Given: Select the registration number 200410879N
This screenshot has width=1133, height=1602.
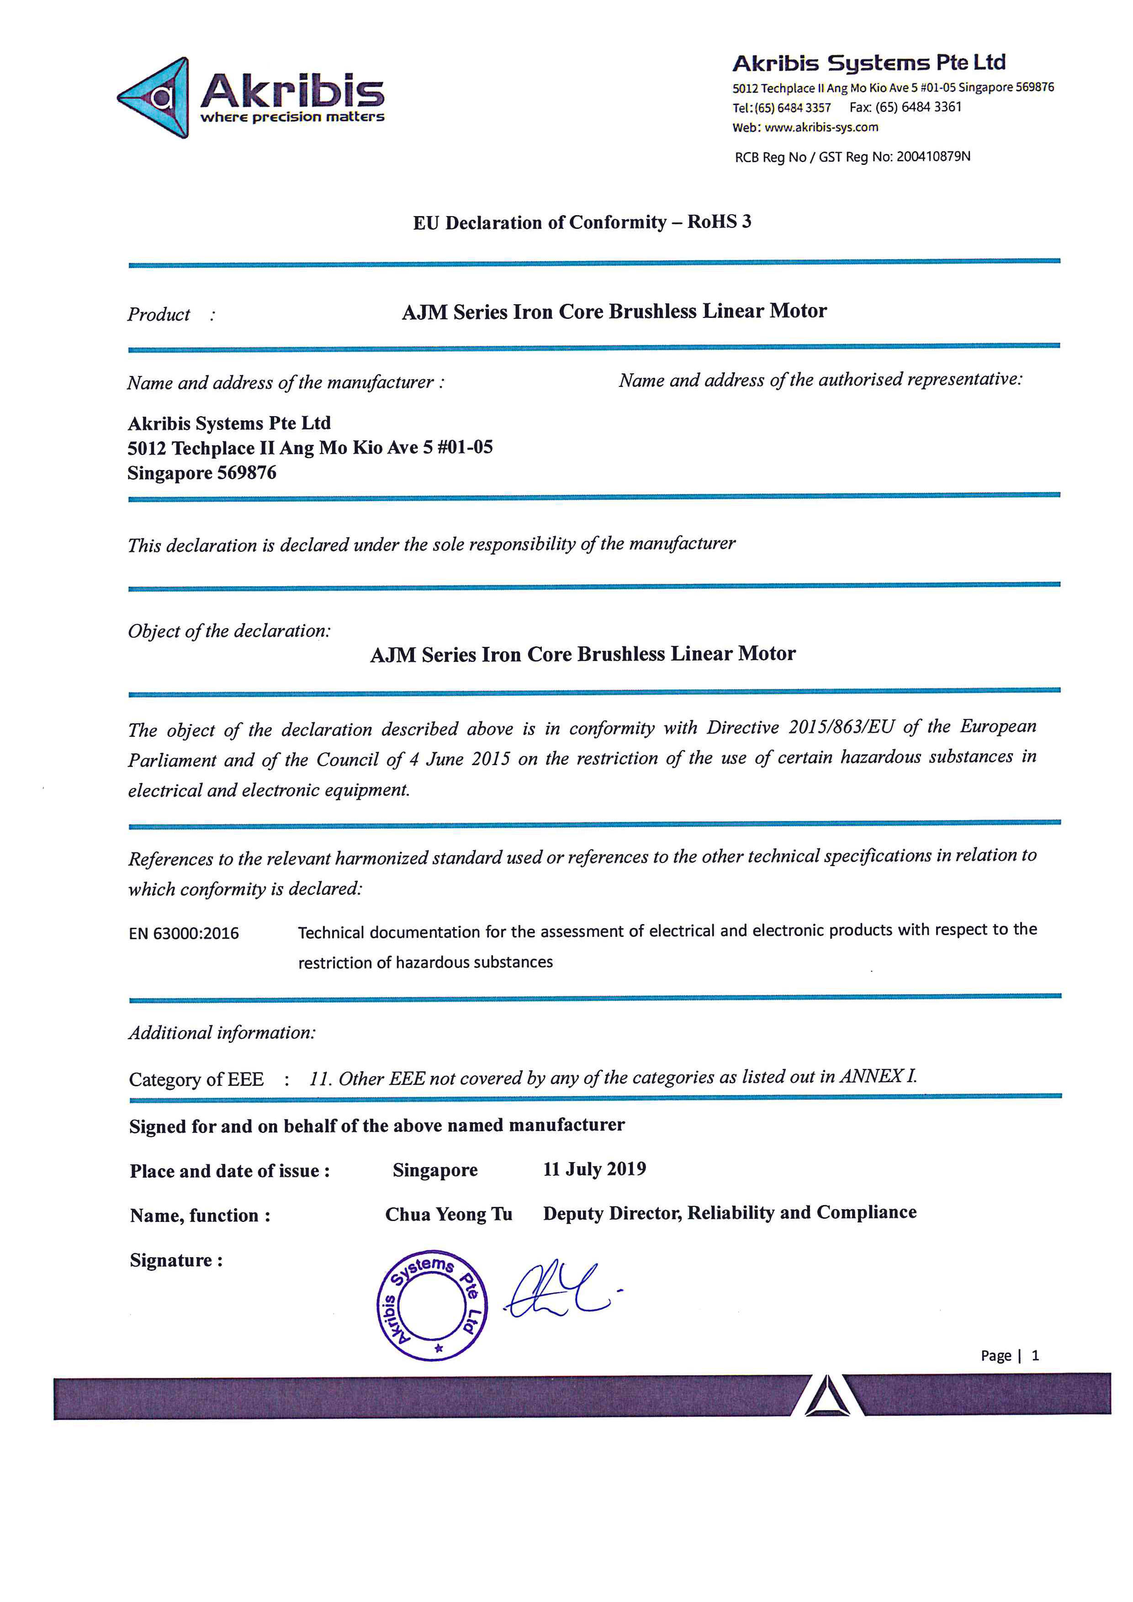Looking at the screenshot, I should click(x=933, y=156).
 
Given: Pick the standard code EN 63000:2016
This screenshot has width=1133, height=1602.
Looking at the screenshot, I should click(x=184, y=934).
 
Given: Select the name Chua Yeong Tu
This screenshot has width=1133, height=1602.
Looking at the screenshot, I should click(x=449, y=1215).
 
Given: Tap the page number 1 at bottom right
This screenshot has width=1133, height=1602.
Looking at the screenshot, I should click(x=1035, y=1356).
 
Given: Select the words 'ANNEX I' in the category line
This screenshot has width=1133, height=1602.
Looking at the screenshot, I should click(x=877, y=1076).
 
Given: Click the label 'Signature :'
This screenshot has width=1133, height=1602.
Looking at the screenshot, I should click(x=176, y=1260).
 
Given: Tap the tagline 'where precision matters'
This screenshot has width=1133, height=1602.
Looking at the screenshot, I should click(x=292, y=117).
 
